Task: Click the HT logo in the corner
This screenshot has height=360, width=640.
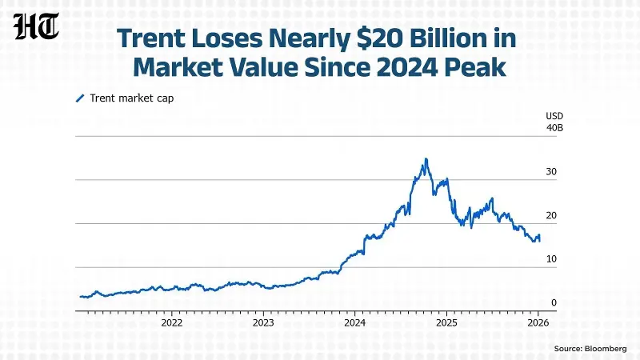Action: (x=36, y=28)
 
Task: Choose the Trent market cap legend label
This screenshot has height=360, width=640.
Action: (x=131, y=98)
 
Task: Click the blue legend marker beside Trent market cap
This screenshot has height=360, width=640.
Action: (x=79, y=98)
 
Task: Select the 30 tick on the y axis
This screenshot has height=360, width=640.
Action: (x=551, y=172)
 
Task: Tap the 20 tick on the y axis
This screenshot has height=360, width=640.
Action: (x=551, y=216)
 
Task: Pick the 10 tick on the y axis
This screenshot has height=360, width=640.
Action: (x=551, y=259)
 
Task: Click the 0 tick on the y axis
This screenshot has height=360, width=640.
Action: (x=554, y=303)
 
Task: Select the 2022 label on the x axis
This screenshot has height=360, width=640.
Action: (x=172, y=323)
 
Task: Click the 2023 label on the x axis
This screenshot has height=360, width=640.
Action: (x=263, y=323)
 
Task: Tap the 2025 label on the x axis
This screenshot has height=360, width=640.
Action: (x=446, y=323)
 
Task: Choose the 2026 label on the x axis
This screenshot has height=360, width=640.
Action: (x=538, y=323)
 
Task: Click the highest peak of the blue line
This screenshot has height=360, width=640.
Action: (x=426, y=159)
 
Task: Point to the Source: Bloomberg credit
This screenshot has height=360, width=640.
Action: (x=591, y=349)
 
